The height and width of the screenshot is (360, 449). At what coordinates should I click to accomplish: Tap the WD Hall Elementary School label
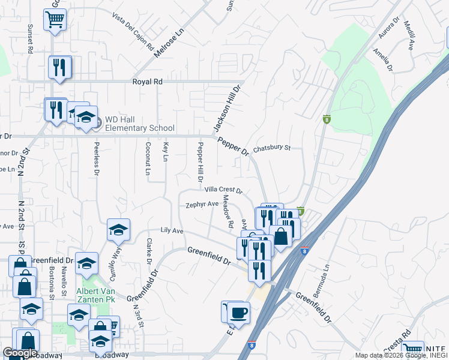(x=140, y=124)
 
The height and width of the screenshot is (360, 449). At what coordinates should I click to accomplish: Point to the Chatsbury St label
(x=271, y=148)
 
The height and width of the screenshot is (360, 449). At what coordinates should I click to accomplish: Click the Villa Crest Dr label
(x=223, y=190)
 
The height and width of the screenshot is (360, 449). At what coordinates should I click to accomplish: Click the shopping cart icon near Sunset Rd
(x=55, y=19)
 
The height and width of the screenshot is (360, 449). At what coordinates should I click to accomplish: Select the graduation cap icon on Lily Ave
(x=118, y=230)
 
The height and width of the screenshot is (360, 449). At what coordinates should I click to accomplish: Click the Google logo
(x=20, y=353)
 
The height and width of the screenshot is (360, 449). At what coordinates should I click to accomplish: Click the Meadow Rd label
(x=228, y=211)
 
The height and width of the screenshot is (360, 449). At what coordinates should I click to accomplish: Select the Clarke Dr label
(x=148, y=251)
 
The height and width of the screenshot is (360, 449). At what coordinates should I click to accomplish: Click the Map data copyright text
(x=398, y=355)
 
